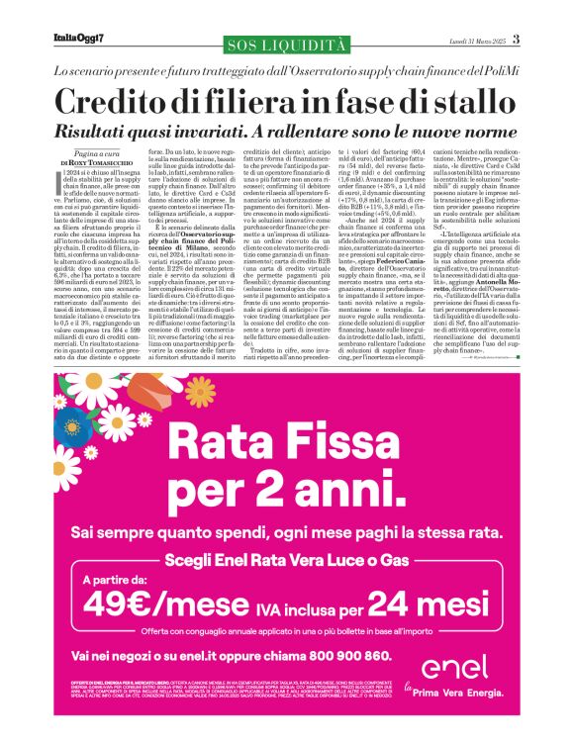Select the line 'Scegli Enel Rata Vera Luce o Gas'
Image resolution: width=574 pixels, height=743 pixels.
pos(286,560)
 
